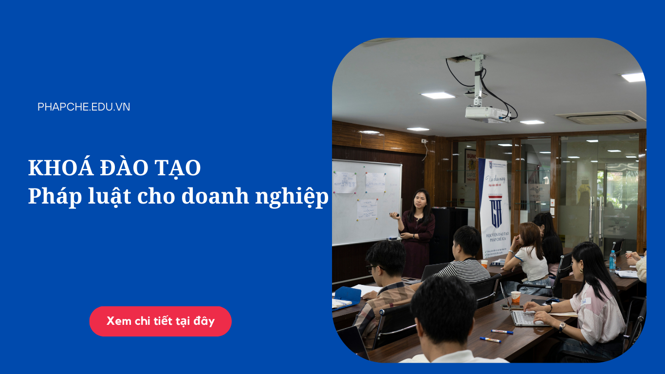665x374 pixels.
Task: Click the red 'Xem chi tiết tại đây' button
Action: [x=160, y=321]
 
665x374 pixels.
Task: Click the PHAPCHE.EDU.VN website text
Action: [x=84, y=107]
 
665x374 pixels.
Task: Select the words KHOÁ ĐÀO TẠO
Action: [x=114, y=168]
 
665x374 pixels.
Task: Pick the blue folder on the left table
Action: [x=348, y=295]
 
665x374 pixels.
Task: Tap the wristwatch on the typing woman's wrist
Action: [x=562, y=326]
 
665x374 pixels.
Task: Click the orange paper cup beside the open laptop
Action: [x=516, y=297]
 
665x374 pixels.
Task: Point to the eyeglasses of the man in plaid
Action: [x=372, y=268]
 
